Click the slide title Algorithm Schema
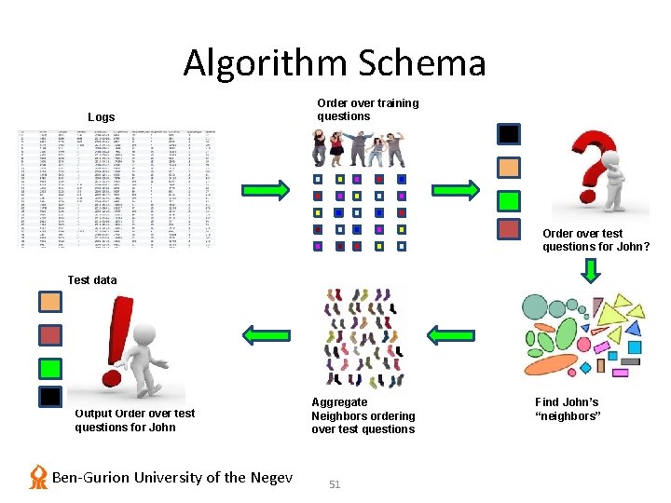pyautogui.click(x=335, y=63)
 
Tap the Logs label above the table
pyautogui.click(x=101, y=117)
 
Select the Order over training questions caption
pyautogui.click(x=367, y=110)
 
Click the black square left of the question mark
pyautogui.click(x=508, y=134)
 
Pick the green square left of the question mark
pyautogui.click(x=508, y=200)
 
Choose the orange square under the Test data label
pyautogui.click(x=50, y=302)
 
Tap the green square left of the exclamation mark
pyautogui.click(x=50, y=367)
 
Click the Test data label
pyautogui.click(x=92, y=279)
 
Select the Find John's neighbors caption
pyautogui.click(x=567, y=409)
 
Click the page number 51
pyautogui.click(x=335, y=484)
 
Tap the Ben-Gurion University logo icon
pyautogui.click(x=38, y=477)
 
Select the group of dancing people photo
pyautogui.click(x=361, y=148)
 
